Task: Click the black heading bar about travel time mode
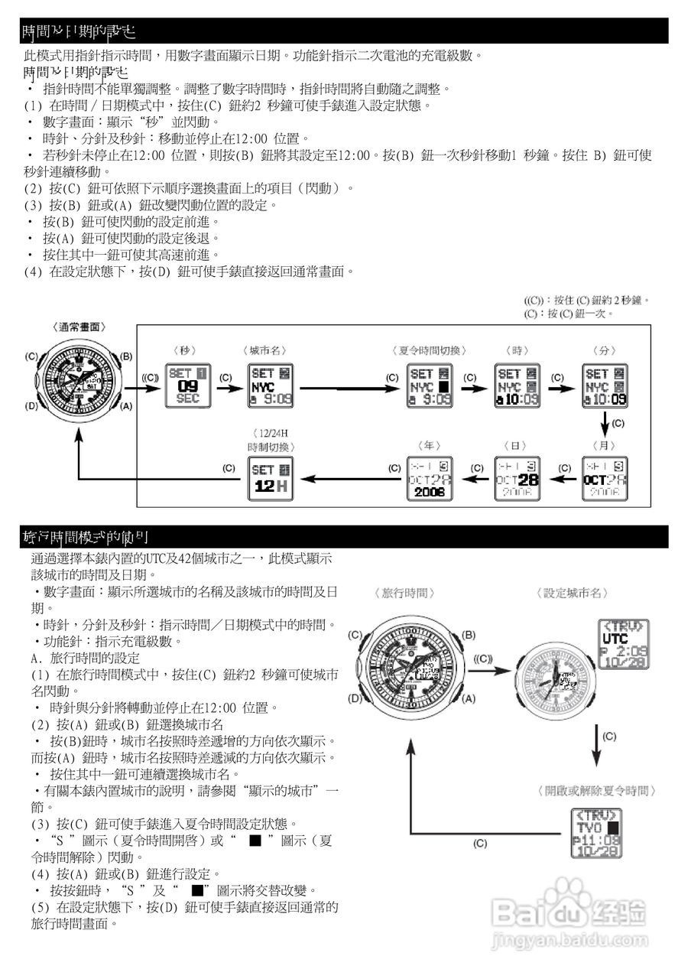pyautogui.click(x=344, y=537)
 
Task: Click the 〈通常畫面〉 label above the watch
pyautogui.click(x=79, y=327)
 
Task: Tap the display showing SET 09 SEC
pyautogui.click(x=187, y=386)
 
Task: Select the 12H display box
pyautogui.click(x=271, y=479)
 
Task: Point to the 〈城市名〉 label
pyautogui.click(x=264, y=350)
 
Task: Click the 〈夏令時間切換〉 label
pyautogui.click(x=432, y=350)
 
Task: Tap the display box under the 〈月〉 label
pyautogui.click(x=605, y=479)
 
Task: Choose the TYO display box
pyautogui.click(x=596, y=832)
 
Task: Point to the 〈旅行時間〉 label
pyautogui.click(x=405, y=593)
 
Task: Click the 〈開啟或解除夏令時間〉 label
pyautogui.click(x=596, y=791)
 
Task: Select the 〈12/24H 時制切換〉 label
pyautogui.click(x=271, y=440)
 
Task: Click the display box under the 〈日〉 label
pyautogui.click(x=517, y=479)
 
